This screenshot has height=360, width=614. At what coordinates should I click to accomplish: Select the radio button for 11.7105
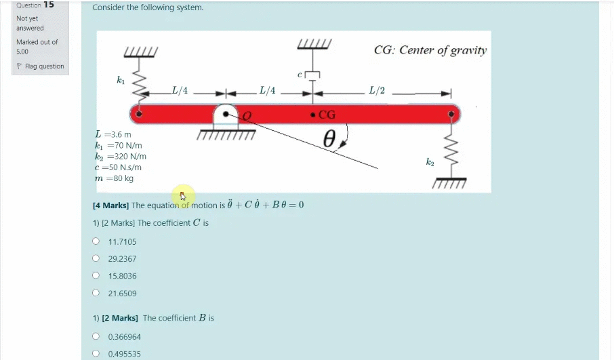click(x=96, y=241)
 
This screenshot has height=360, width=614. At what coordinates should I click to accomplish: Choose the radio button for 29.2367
click(x=96, y=258)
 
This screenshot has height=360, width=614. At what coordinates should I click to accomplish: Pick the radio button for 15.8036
click(x=96, y=276)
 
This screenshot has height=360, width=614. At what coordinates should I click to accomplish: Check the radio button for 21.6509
click(x=96, y=293)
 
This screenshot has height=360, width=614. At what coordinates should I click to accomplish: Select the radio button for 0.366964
click(x=96, y=336)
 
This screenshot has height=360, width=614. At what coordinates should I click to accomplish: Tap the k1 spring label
click(x=121, y=80)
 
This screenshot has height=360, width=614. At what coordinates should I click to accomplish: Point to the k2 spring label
click(x=430, y=161)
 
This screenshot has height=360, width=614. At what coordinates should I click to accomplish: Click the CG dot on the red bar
click(x=312, y=114)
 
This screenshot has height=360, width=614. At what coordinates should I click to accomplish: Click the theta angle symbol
click(x=329, y=139)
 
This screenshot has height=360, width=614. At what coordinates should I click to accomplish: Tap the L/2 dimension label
click(x=376, y=90)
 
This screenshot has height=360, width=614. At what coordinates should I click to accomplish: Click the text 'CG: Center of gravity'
click(x=430, y=50)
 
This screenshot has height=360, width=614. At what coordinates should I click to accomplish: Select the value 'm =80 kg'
click(x=115, y=178)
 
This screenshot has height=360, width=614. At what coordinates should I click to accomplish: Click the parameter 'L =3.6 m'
click(x=113, y=134)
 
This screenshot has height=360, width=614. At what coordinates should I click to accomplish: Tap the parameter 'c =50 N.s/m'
click(x=118, y=167)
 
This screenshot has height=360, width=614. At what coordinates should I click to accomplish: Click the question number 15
click(x=49, y=5)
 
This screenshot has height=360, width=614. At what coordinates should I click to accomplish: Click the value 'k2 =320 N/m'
click(x=121, y=157)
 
